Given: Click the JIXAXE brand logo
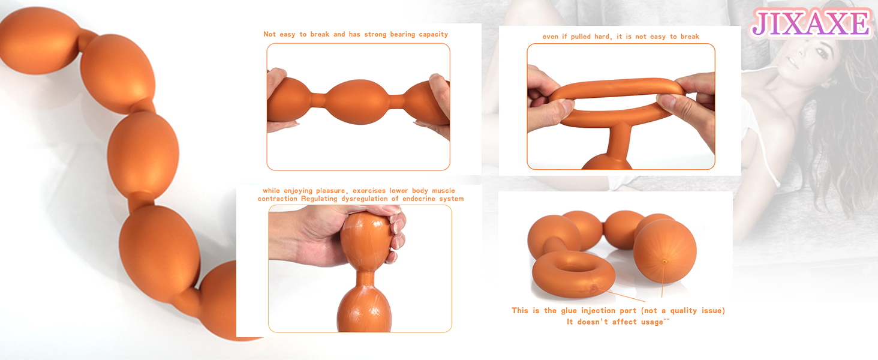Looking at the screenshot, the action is tap(811, 24).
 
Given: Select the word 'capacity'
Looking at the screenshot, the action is tap(434, 35).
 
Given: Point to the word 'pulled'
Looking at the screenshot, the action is tap(581, 37).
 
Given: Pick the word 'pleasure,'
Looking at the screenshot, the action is tap(332, 191).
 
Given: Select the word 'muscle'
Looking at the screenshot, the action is tap(443, 191).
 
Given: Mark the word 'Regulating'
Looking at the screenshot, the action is tap(319, 199).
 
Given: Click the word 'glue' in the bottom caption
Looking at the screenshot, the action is tap(569, 311).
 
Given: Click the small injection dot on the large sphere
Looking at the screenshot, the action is tap(664, 261).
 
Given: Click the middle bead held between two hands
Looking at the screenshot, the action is tap(357, 101).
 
